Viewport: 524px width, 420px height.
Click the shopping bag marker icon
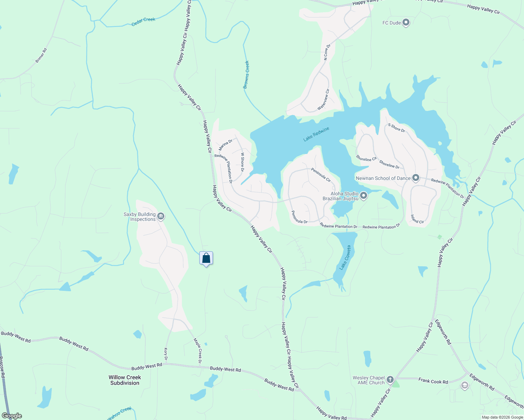point(206,258)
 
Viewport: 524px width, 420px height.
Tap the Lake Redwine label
point(316,134)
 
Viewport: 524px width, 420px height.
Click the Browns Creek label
point(247,75)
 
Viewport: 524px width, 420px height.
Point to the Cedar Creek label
point(143,21)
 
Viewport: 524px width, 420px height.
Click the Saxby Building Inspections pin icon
point(161,216)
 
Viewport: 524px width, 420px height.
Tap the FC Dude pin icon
point(406,23)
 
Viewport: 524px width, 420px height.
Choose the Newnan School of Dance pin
point(416,178)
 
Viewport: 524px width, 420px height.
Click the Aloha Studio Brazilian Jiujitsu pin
point(364,196)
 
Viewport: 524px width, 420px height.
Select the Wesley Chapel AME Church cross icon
point(390,380)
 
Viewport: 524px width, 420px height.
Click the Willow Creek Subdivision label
point(125,380)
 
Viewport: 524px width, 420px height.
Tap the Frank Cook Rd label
point(433,381)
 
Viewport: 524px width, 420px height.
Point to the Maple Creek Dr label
point(198,351)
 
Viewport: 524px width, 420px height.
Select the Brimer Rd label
point(41,56)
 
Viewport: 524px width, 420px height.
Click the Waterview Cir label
point(324,100)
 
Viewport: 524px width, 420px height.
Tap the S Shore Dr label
point(397,128)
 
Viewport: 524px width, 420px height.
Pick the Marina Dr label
point(226,145)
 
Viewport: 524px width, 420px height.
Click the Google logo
point(12,416)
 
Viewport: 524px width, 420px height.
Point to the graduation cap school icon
point(464,386)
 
